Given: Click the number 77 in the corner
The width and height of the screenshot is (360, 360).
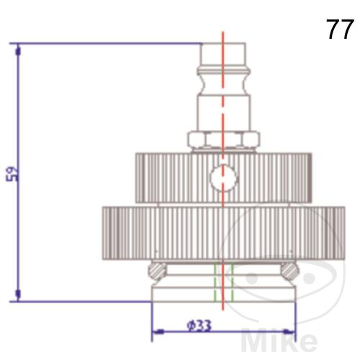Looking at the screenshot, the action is (340, 30).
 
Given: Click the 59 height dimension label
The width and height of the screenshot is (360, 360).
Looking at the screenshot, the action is (13, 174).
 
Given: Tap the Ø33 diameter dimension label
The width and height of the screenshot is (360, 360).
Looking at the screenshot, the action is (199, 325).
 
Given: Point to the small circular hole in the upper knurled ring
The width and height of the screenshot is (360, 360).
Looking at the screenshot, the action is (223, 178).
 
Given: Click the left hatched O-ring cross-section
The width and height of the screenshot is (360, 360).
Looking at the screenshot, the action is (157, 270).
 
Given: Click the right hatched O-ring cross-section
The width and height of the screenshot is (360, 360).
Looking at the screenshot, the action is (290, 270).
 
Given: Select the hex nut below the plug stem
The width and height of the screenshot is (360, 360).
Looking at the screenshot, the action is (223, 140).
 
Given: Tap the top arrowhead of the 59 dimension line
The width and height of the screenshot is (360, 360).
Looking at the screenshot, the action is (18, 52).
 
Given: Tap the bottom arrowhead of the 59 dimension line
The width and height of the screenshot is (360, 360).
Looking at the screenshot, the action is (18, 294).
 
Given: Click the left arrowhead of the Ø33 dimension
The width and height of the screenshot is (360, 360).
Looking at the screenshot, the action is (159, 332).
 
